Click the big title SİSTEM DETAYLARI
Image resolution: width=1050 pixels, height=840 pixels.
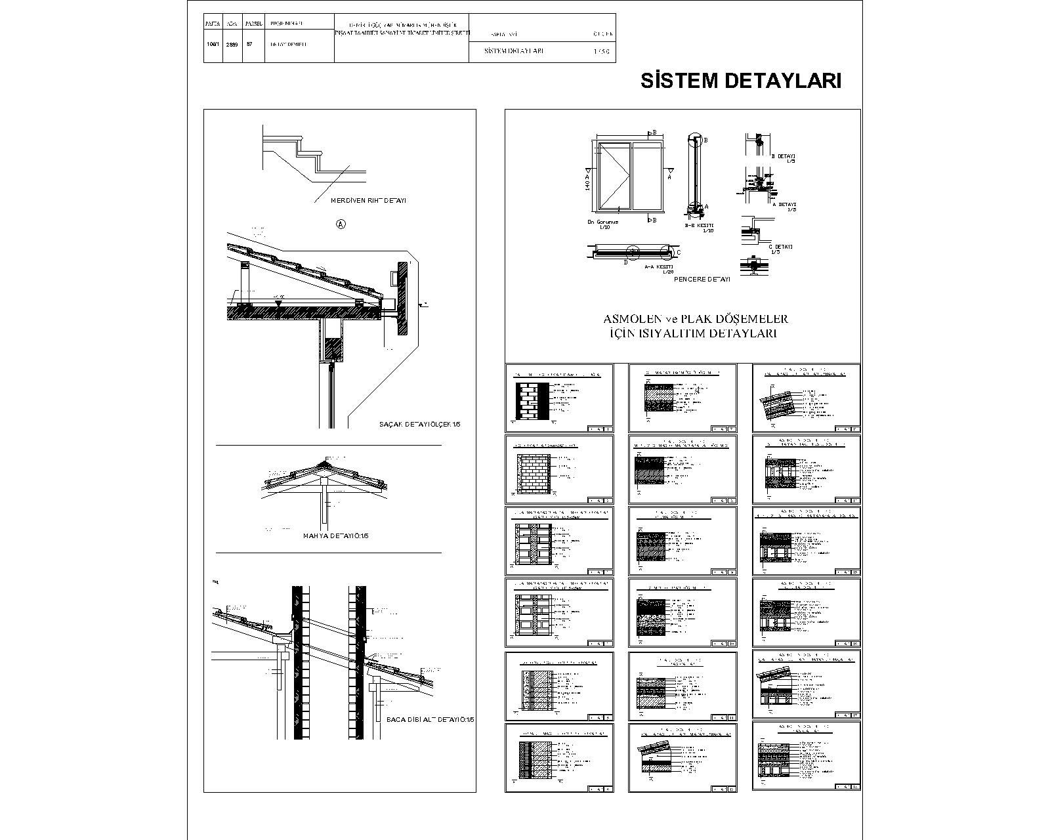click(740, 81)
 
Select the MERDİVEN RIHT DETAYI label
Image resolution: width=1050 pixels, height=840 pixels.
click(368, 200)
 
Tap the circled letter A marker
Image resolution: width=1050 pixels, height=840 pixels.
click(341, 224)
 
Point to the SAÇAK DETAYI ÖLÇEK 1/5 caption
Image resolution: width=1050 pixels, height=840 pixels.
click(420, 424)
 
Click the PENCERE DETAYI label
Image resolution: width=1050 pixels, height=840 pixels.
click(702, 279)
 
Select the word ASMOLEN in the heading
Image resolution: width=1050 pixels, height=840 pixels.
click(631, 319)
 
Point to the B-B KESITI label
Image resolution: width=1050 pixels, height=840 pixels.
click(698, 225)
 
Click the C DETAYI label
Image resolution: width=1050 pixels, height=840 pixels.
click(780, 247)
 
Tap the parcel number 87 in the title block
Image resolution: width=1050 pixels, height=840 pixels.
click(249, 45)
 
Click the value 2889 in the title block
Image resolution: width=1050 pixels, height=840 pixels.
click(232, 45)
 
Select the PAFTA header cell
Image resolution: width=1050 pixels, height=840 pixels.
click(213, 23)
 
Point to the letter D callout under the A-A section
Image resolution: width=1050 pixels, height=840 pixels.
click(625, 262)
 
